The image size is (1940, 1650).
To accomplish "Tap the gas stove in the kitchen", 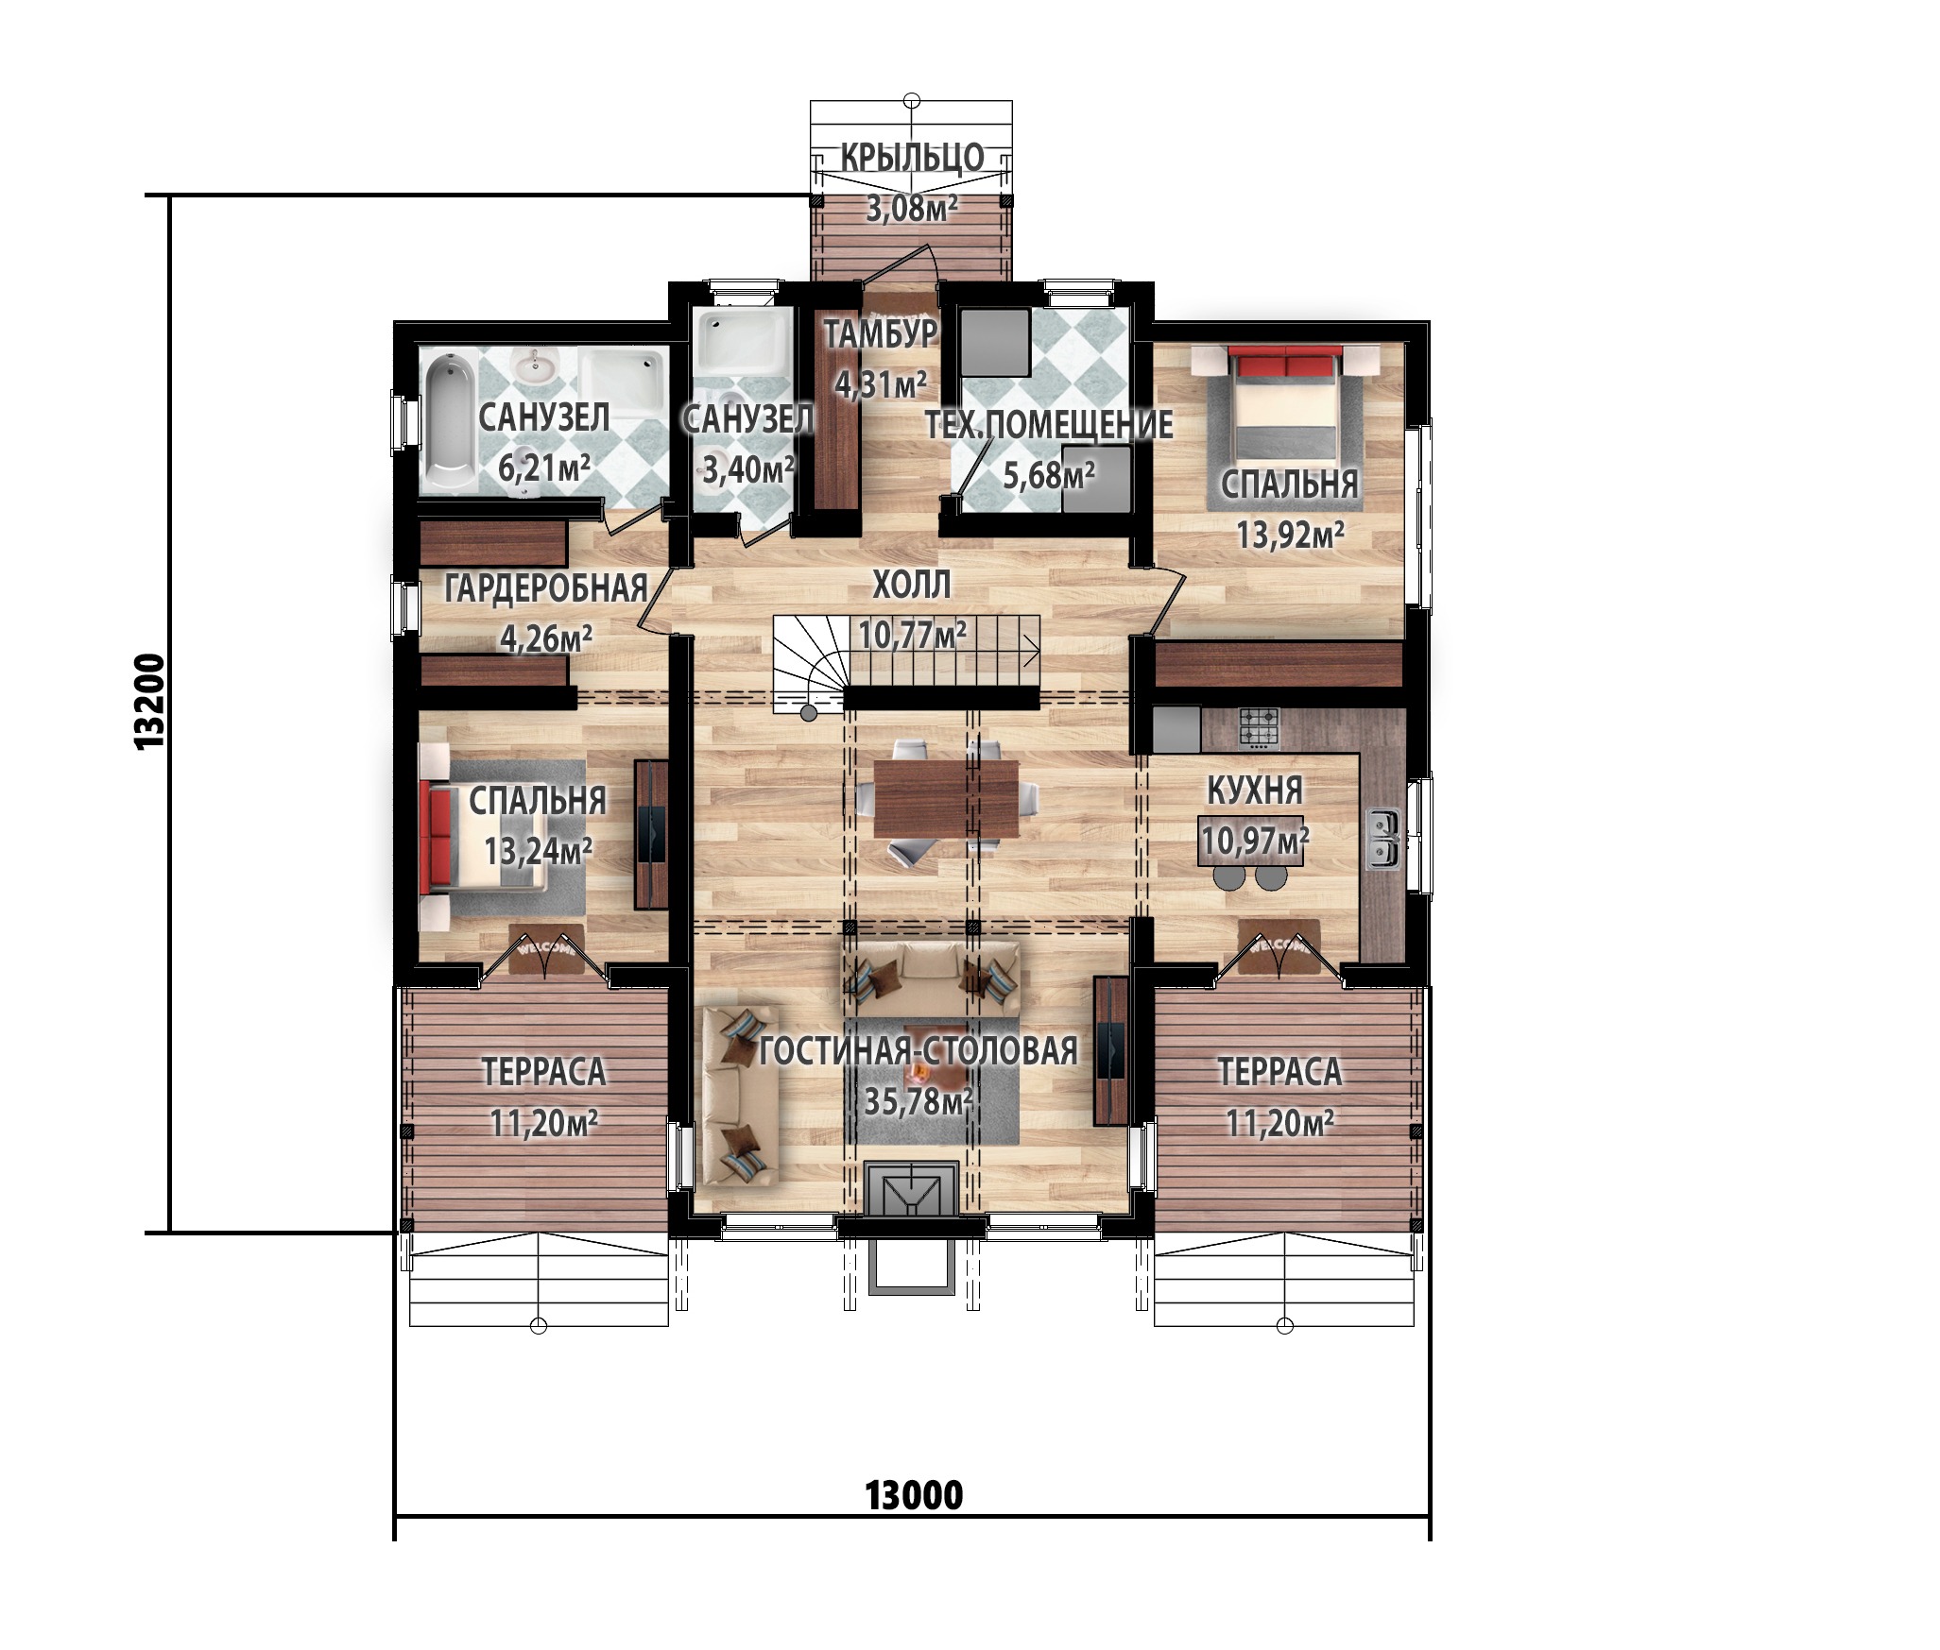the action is pyautogui.click(x=1259, y=728).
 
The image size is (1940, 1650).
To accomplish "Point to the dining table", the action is pyautogui.click(x=947, y=798).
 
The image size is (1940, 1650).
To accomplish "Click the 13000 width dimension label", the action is pyautogui.click(x=914, y=1495).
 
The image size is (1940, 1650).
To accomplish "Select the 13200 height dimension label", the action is pyautogui.click(x=150, y=701).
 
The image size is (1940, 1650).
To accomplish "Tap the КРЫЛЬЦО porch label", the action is pyautogui.click(x=912, y=157).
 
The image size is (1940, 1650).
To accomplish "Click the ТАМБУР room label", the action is pyautogui.click(x=881, y=334).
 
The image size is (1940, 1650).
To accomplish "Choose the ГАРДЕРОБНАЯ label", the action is pyautogui.click(x=546, y=588).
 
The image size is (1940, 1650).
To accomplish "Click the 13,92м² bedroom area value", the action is pyautogui.click(x=1291, y=536).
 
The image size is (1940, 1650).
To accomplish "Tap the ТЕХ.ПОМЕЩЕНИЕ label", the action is pyautogui.click(x=1048, y=425).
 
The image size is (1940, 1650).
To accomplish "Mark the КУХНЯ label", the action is pyautogui.click(x=1256, y=790).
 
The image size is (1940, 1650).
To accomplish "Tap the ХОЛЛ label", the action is pyautogui.click(x=911, y=585).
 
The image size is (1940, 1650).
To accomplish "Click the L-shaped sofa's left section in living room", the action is pyautogui.click(x=741, y=1095).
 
